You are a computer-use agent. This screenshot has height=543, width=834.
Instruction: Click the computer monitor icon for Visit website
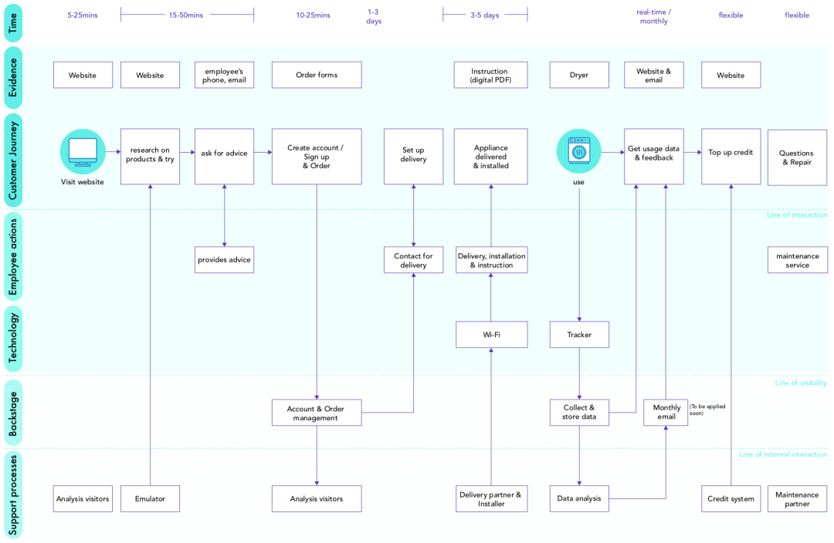click(83, 151)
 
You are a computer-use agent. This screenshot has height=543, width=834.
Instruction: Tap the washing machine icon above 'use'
click(579, 151)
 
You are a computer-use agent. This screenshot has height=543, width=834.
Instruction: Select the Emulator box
click(150, 499)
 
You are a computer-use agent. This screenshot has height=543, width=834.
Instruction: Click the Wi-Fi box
click(490, 335)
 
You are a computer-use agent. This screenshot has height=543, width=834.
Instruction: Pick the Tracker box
click(579, 335)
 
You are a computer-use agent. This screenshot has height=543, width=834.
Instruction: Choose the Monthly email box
click(666, 413)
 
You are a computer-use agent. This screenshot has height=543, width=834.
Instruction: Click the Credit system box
click(731, 499)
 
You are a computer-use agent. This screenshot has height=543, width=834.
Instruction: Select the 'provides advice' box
click(224, 260)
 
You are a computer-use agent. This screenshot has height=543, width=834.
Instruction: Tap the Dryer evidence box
click(579, 76)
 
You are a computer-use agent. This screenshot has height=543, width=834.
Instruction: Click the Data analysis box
click(579, 499)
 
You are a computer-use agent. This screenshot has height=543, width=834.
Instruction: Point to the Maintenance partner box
click(797, 499)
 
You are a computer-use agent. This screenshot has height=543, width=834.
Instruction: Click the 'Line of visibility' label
click(801, 383)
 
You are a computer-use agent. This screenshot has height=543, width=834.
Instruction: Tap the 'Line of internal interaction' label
click(782, 455)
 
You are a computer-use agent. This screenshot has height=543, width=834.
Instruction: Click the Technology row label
click(13, 339)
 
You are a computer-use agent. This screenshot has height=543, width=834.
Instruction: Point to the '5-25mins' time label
click(83, 15)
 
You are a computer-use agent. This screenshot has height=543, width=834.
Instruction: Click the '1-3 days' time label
click(374, 17)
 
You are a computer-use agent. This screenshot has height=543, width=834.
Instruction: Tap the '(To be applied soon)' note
click(707, 410)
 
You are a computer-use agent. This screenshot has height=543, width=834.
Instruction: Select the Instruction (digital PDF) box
click(490, 76)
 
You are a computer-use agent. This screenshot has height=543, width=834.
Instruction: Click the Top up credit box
click(731, 153)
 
